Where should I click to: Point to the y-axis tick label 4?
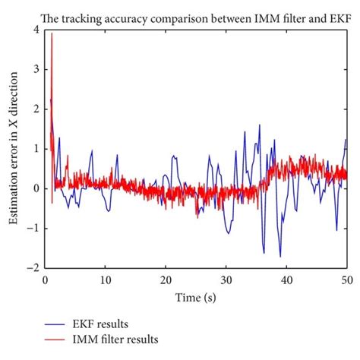(36, 30)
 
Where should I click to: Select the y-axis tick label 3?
(36, 69)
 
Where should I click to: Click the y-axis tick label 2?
(36, 109)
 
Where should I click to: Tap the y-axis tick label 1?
(36, 148)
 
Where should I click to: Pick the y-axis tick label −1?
(33, 228)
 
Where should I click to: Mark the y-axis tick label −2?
(33, 267)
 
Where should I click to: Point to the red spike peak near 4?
(52, 34)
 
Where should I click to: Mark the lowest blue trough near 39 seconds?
(280, 256)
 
